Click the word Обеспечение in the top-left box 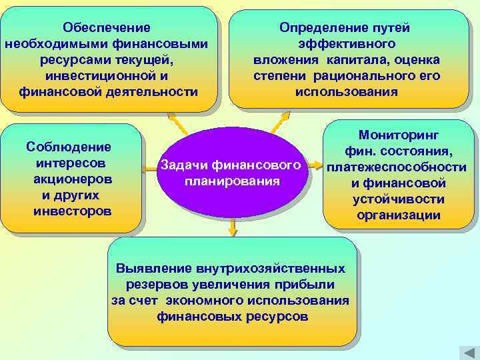(x=107, y=28)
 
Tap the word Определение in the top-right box (x=319, y=28)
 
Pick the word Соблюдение (x=69, y=147)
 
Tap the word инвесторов (x=71, y=211)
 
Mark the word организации (x=399, y=215)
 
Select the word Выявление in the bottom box (x=153, y=269)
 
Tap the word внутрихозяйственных (x=271, y=269)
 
